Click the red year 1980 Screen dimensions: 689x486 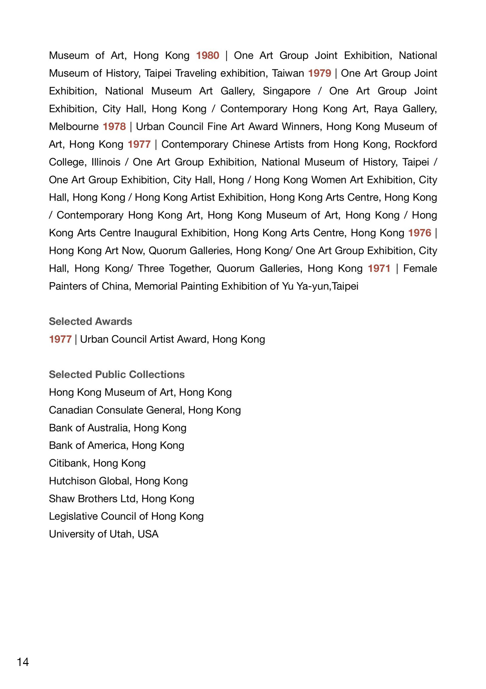click(x=207, y=55)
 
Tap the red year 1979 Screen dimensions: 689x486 click(x=320, y=73)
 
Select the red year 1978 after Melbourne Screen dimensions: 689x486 click(x=114, y=127)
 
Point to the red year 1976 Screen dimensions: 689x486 click(x=420, y=233)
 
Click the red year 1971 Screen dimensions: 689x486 click(x=379, y=268)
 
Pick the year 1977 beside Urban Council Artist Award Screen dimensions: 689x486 click(x=60, y=339)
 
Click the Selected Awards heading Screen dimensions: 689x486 click(x=90, y=321)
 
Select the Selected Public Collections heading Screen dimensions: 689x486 click(x=117, y=375)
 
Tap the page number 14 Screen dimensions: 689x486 click(x=23, y=662)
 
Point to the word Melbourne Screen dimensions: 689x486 click(x=74, y=127)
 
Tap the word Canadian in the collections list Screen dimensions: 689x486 click(x=70, y=410)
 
